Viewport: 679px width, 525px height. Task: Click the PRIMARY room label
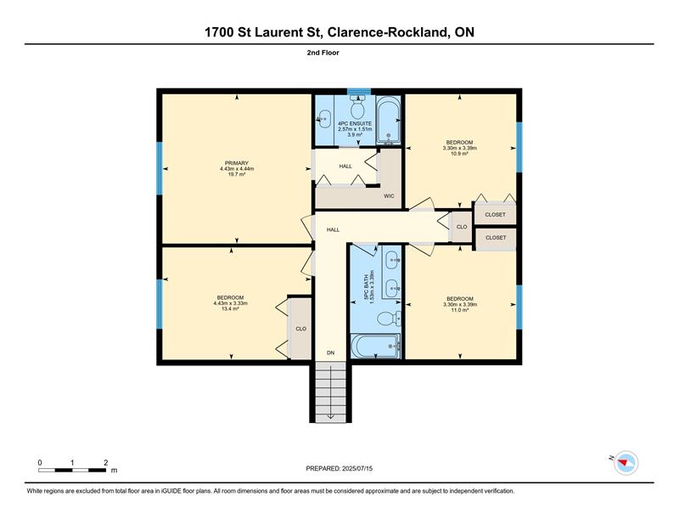coord(237,163)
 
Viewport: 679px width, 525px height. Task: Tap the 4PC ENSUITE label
coord(355,123)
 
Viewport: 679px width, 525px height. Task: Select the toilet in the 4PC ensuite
coord(357,108)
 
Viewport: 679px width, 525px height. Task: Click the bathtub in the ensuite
coord(388,120)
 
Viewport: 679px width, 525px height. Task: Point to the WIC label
coord(389,196)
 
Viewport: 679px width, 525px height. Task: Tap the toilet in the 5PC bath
coord(389,319)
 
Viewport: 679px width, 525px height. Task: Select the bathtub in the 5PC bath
coord(375,346)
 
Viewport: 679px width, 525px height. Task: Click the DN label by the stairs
coord(330,353)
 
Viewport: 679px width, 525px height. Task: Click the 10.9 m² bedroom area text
coord(460,154)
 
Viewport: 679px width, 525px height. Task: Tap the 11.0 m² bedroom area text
coord(460,310)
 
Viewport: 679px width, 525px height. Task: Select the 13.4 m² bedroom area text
coord(230,308)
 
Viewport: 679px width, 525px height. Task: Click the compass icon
coord(626,463)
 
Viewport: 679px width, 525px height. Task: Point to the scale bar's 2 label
coord(105,463)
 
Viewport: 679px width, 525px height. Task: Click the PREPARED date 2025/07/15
coord(357,468)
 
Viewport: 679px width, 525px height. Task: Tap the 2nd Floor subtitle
coord(323,53)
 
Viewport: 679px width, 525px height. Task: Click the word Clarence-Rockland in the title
coord(386,32)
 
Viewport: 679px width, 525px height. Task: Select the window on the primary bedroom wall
coord(160,168)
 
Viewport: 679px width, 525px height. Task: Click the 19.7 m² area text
coord(237,174)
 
